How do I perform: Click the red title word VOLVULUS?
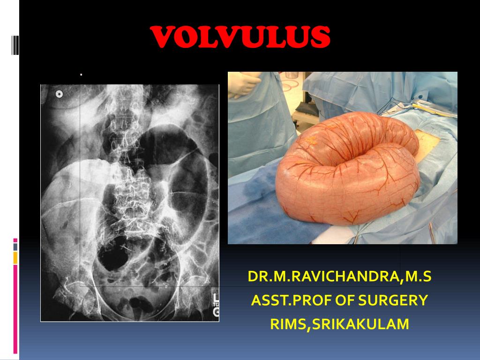pyautogui.click(x=241, y=37)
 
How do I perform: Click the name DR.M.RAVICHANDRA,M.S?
pyautogui.click(x=339, y=277)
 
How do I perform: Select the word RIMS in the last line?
pyautogui.click(x=287, y=324)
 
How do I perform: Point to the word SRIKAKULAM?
pyautogui.click(x=360, y=324)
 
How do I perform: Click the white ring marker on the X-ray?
pyautogui.click(x=59, y=94)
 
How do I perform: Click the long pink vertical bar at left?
pyautogui.click(x=15, y=309)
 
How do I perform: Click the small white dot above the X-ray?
pyautogui.click(x=81, y=74)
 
